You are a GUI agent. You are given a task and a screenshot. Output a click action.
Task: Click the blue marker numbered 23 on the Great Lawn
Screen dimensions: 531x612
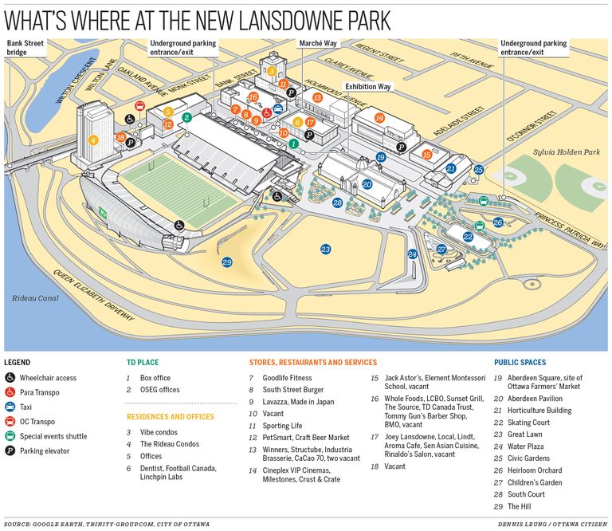[x=325, y=250]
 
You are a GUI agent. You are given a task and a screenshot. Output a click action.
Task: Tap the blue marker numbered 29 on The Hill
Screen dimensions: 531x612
[x=227, y=262]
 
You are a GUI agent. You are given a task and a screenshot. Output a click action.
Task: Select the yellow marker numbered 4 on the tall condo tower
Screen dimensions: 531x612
[x=93, y=140]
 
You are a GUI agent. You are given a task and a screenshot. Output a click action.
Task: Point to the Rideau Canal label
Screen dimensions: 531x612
[x=31, y=298]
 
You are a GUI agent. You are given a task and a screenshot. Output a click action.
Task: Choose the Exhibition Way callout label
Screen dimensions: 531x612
[x=367, y=85]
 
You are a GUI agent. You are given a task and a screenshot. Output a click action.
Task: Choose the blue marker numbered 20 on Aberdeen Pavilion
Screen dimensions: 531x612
[x=367, y=184]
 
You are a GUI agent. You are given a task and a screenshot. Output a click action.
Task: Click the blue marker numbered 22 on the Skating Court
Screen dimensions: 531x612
[x=468, y=237]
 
